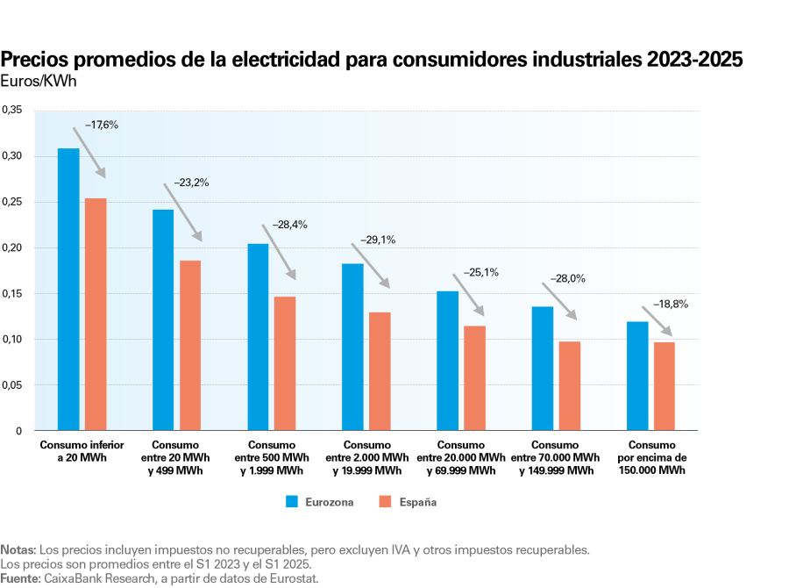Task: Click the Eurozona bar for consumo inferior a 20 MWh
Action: (68, 290)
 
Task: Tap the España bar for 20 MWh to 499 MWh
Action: (190, 345)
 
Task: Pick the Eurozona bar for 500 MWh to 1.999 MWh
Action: (258, 337)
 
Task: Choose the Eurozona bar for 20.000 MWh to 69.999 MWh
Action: (447, 361)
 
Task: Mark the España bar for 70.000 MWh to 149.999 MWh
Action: (570, 386)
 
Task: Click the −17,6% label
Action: (101, 125)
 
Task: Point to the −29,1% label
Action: (379, 239)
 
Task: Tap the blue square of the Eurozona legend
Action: (293, 502)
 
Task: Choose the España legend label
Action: (419, 503)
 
